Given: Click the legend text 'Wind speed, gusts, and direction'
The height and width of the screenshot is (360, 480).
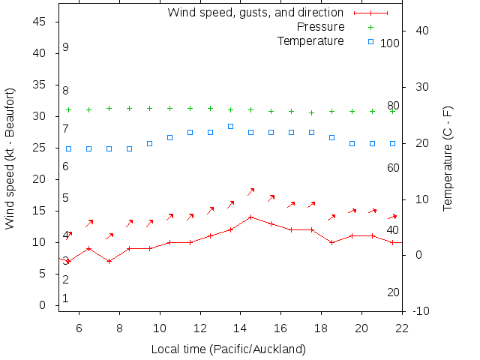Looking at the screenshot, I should pyautogui.click(x=255, y=13).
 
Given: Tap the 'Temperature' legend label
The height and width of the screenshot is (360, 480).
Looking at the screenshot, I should pyautogui.click(x=310, y=40).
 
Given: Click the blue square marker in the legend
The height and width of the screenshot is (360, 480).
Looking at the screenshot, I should pyautogui.click(x=370, y=41).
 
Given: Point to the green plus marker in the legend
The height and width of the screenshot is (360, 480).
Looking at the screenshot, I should pyautogui.click(x=370, y=27).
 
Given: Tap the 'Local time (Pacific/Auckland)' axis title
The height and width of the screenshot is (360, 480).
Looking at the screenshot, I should pyautogui.click(x=228, y=349).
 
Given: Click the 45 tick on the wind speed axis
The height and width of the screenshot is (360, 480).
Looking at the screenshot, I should pyautogui.click(x=40, y=22).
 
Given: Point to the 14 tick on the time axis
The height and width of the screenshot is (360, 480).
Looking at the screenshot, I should pyautogui.click(x=241, y=327).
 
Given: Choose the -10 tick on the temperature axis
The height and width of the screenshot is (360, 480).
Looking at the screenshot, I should pyautogui.click(x=421, y=311).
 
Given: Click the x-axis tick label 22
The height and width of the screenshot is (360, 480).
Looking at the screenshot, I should pyautogui.click(x=402, y=327).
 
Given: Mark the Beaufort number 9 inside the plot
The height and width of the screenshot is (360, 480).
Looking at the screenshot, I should pyautogui.click(x=66, y=47).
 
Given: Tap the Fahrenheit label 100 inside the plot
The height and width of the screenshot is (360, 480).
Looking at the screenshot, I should pyautogui.click(x=389, y=43).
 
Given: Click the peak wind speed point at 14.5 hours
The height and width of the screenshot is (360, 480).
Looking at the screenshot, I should pyautogui.click(x=250, y=217).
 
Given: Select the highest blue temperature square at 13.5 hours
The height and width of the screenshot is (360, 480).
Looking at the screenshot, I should pyautogui.click(x=230, y=126).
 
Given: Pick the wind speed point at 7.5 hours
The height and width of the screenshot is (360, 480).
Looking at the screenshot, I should pyautogui.click(x=109, y=261).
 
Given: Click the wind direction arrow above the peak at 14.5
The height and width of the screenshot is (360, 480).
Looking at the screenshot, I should pyautogui.click(x=251, y=192).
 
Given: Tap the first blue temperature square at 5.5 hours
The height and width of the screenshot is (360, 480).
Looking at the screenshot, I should pyautogui.click(x=68, y=148).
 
